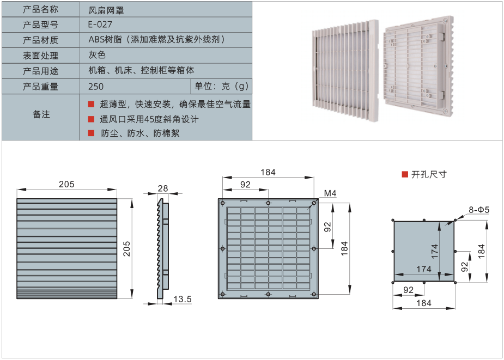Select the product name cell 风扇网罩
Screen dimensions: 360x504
[106, 9]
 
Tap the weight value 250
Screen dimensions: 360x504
[95, 86]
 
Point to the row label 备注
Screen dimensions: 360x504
[41, 114]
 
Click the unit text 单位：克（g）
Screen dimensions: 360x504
[221, 86]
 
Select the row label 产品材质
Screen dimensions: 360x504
[41, 40]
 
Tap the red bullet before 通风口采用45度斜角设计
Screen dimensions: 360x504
[91, 119]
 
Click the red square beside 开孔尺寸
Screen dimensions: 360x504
[404, 174]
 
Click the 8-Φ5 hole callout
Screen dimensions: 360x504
[479, 210]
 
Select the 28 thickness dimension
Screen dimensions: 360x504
[162, 188]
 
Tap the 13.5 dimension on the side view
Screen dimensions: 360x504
[181, 298]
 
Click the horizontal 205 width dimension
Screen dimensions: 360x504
[66, 185]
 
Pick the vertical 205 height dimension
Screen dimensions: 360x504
[141, 248]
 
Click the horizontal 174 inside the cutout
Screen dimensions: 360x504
[423, 269]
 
